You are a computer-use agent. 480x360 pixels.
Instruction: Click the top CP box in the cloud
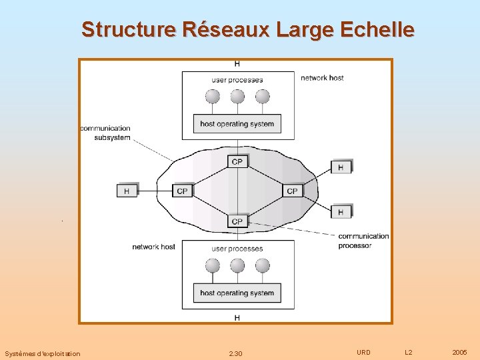[x=237, y=161]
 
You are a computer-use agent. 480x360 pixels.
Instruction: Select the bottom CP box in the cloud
[x=237, y=221]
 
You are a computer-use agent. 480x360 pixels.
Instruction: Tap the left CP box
[x=182, y=191]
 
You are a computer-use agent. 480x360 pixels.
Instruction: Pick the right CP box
[x=292, y=191]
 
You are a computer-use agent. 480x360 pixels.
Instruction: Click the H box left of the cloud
[x=127, y=191]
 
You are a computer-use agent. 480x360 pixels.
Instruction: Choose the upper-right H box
[x=341, y=167]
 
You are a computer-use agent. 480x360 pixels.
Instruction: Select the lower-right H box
[x=341, y=211]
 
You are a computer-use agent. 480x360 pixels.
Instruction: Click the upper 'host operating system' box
[x=237, y=123]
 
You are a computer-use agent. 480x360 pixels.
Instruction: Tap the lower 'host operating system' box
[x=237, y=293]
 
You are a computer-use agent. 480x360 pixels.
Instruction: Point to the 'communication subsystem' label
[x=105, y=133]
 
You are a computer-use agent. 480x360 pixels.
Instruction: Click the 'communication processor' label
[x=363, y=241]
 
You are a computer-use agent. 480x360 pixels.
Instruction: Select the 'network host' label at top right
[x=322, y=78]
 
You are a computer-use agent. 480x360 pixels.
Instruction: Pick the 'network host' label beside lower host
[x=153, y=247]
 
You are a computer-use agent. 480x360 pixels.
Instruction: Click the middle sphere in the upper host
[x=237, y=97]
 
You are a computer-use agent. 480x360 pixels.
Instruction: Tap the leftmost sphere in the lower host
[x=212, y=265]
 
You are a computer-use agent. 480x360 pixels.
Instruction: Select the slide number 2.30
[x=235, y=353]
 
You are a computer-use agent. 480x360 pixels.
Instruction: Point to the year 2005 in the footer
[x=459, y=352]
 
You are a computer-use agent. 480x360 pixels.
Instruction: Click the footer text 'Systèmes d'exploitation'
[x=42, y=353]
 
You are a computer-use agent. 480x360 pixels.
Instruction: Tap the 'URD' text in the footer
[x=363, y=352]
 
